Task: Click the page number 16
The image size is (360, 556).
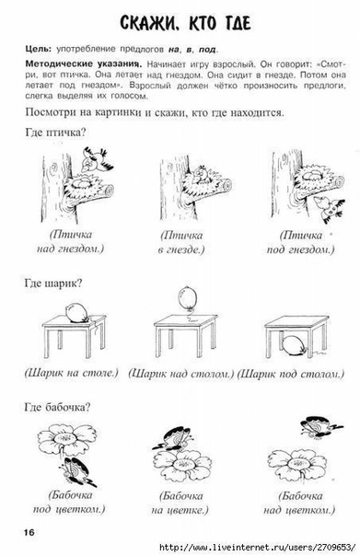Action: tap(29, 532)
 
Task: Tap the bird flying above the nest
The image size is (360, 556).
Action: tap(95, 159)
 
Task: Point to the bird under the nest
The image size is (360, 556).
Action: tap(330, 209)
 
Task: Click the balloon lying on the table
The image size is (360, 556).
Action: tap(77, 312)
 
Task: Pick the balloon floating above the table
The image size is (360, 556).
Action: tap(187, 297)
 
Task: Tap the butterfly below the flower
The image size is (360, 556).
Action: tap(76, 471)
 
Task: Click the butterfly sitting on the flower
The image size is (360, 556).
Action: tap(173, 438)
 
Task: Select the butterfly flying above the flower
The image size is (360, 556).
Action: tap(321, 425)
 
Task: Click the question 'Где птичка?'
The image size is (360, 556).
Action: tap(55, 133)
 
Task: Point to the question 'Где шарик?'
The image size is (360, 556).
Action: tap(53, 284)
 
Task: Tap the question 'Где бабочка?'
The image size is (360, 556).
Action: tap(57, 407)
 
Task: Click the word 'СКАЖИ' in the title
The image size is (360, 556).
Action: tap(150, 23)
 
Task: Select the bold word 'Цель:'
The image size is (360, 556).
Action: tap(39, 49)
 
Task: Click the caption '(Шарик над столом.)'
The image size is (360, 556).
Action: tap(181, 374)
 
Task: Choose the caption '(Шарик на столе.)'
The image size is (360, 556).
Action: tap(71, 373)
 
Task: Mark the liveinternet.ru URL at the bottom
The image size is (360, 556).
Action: tap(258, 547)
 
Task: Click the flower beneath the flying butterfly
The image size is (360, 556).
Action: tap(297, 465)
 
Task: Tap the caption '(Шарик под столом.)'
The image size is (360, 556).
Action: tap(290, 374)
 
